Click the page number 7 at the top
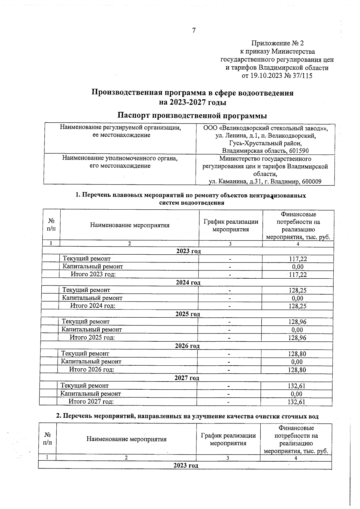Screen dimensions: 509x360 click(194, 30)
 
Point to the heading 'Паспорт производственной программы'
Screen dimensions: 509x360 click(192, 115)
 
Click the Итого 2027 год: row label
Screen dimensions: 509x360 click(91, 401)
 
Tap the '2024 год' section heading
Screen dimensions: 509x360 click(188, 283)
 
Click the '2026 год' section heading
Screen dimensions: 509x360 click(187, 346)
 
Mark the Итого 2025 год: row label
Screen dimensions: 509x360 click(92, 337)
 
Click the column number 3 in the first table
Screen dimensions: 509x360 click(230, 244)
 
